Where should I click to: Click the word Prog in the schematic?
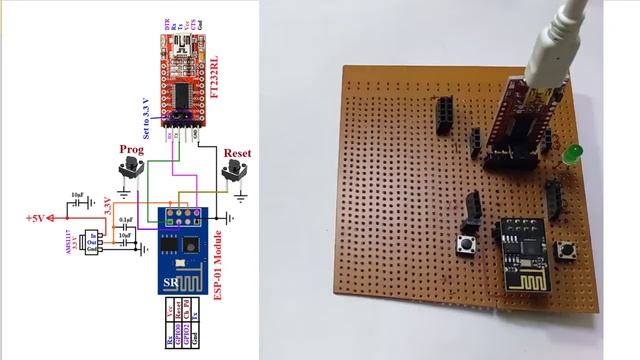(x=131, y=149)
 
